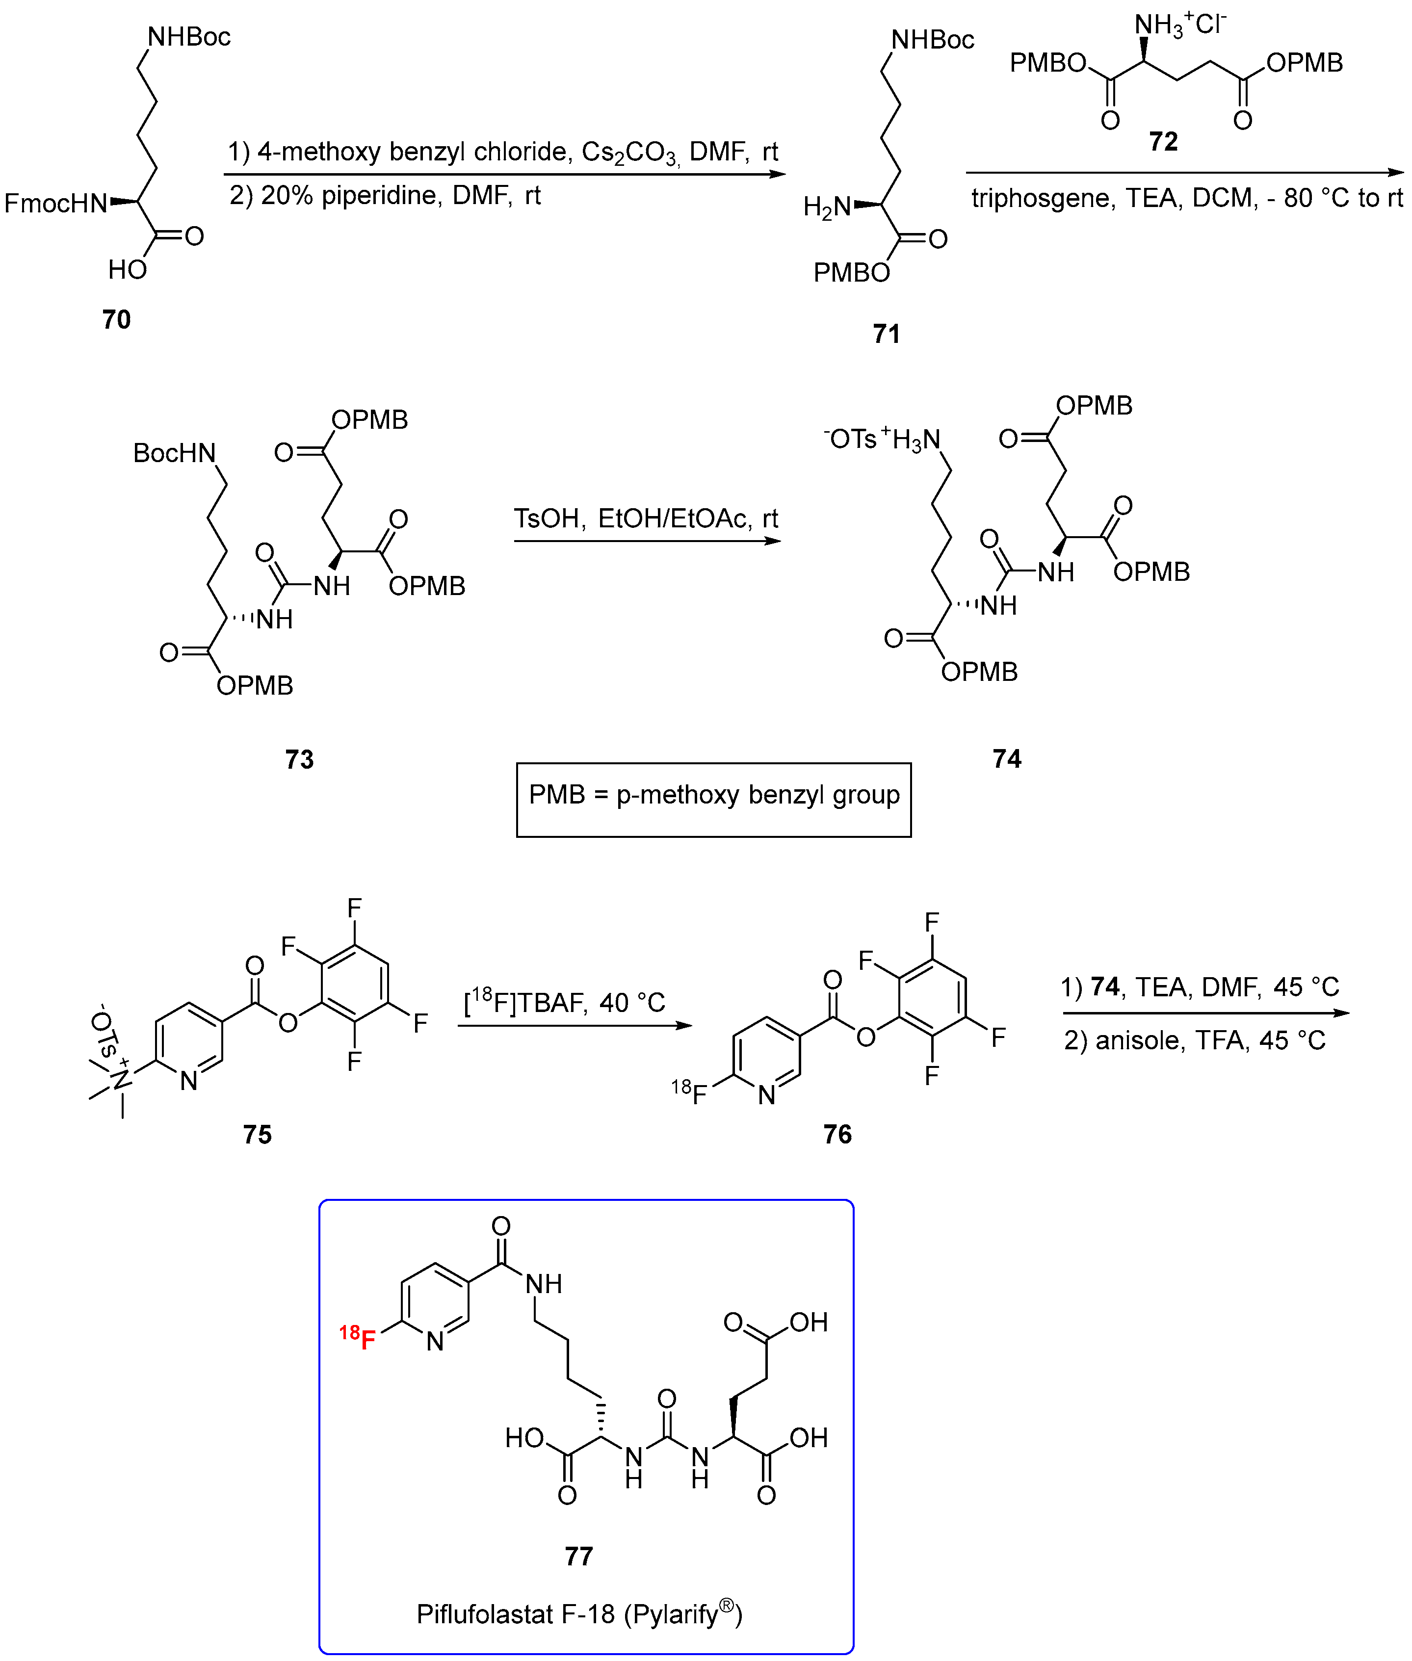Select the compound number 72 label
pos(1163,142)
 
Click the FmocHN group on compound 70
pos(55,203)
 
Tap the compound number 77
pos(579,1556)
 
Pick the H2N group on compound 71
pos(827,208)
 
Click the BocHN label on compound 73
pos(175,453)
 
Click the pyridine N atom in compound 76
pos(767,1095)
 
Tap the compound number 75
pos(258,1134)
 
